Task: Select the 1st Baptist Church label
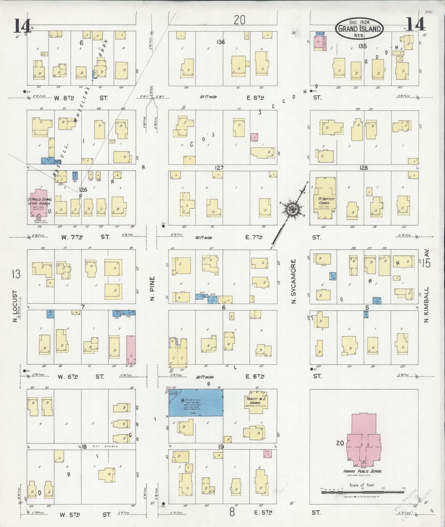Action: point(325,201)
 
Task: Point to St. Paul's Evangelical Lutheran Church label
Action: point(39,201)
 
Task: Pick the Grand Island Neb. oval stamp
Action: point(359,29)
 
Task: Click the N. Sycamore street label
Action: point(293,282)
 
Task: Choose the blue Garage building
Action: point(195,402)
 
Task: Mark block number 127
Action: point(219,168)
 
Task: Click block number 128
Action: point(363,168)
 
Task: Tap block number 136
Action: point(220,42)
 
